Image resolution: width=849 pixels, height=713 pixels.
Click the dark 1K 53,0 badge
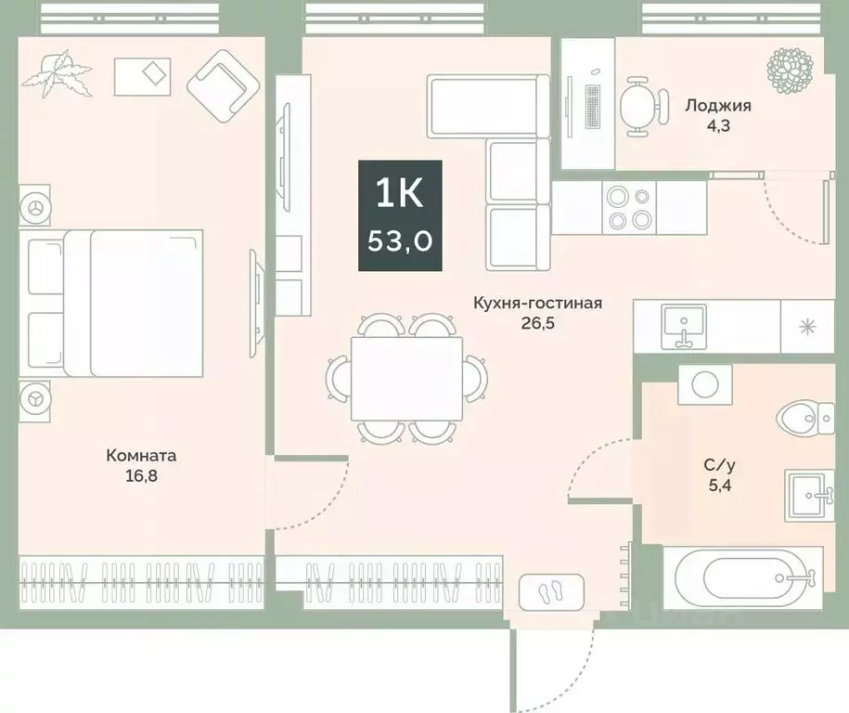(401, 215)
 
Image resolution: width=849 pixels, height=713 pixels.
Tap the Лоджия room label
(717, 106)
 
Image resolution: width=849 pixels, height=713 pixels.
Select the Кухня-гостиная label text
(538, 304)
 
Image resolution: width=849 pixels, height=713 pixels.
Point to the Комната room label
(141, 456)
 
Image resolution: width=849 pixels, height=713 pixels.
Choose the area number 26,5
(538, 324)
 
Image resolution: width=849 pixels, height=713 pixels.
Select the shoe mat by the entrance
(551, 589)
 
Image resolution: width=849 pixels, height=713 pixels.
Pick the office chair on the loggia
(642, 101)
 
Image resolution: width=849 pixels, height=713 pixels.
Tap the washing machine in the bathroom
(704, 383)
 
